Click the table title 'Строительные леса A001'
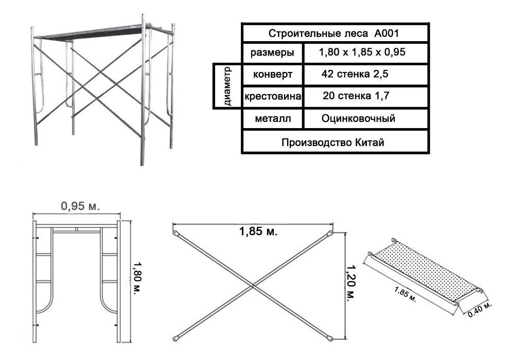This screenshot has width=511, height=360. tap(333, 33)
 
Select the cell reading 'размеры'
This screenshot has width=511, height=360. tap(272, 52)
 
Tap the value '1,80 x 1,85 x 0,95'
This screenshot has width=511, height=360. tap(362, 52)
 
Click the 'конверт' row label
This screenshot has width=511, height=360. tap(273, 74)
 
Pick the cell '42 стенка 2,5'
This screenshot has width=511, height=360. tap(355, 74)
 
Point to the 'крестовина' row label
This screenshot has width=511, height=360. tap(273, 97)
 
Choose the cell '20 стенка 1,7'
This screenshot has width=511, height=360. tap(356, 96)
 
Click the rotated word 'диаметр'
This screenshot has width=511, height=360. tap(227, 86)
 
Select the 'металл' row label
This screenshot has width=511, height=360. tap(273, 119)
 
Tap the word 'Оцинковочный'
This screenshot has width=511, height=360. tap(359, 118)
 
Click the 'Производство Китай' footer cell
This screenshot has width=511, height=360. tap(333, 142)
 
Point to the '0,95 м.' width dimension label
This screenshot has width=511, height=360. tap(80, 206)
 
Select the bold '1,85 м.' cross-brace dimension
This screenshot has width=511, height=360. tap(258, 231)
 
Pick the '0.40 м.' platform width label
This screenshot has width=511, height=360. tap(480, 310)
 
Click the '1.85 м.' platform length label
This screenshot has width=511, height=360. tap(405, 294)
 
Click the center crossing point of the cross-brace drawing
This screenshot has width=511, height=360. tap(253, 286)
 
